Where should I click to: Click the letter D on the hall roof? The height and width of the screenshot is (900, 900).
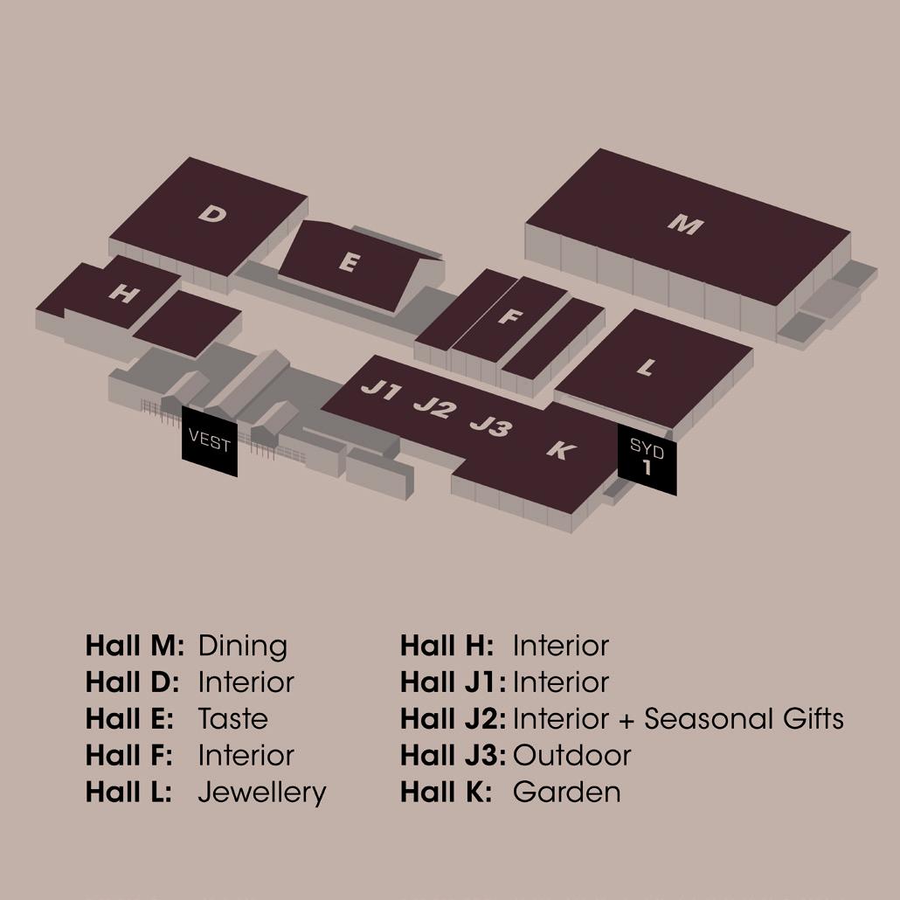tap(211, 213)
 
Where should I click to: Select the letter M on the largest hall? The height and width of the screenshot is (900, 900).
tap(685, 225)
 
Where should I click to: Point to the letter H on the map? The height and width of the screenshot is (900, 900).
tap(123, 294)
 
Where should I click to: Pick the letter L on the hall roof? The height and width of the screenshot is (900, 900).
tap(646, 368)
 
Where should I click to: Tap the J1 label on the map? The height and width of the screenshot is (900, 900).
tap(380, 391)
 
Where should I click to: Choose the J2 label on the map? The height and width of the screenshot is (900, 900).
tap(434, 407)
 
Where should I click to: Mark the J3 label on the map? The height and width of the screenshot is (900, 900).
tap(490, 426)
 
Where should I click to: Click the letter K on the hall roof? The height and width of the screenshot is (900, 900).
tap(560, 450)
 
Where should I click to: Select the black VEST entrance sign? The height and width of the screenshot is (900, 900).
tap(210, 443)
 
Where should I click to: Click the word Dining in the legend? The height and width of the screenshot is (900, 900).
tap(243, 647)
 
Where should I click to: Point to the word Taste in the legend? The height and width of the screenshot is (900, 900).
tap(232, 719)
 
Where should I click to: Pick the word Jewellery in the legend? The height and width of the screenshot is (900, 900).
tap(262, 793)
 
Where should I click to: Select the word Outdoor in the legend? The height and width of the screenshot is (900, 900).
tap(571, 756)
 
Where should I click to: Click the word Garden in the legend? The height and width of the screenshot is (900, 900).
tap(566, 793)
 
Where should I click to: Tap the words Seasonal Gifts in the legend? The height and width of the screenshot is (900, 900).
tap(744, 719)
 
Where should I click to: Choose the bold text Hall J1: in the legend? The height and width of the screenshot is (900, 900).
tap(453, 682)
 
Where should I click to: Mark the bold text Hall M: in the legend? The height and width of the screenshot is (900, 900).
tap(135, 647)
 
